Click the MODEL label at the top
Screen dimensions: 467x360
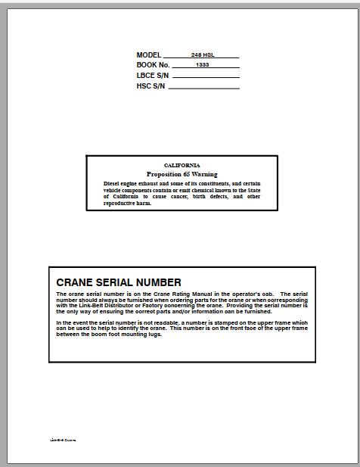[149, 55]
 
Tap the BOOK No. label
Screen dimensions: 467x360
[154, 65]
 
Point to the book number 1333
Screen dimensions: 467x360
[202, 66]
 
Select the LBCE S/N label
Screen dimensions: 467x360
[153, 76]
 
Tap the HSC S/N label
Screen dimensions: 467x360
[151, 86]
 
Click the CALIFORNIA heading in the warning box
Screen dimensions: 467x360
[182, 164]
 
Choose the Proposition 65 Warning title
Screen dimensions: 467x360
[182, 174]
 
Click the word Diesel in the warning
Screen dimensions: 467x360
[112, 183]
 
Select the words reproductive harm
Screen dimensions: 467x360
[127, 203]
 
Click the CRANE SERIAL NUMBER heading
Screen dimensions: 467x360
[119, 282]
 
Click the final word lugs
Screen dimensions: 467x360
[155, 335]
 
